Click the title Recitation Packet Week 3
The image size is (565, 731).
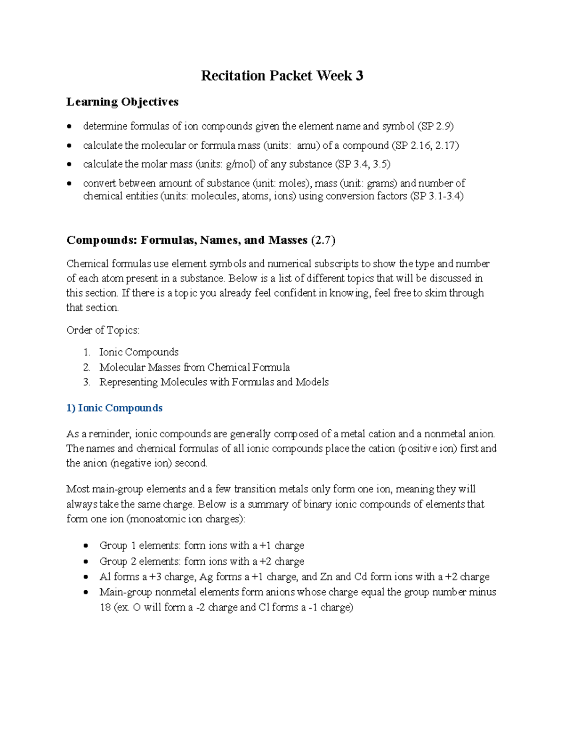pos(282,76)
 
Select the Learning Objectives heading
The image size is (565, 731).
pos(122,102)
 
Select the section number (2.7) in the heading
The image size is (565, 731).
pos(323,241)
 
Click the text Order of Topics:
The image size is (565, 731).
pos(103,330)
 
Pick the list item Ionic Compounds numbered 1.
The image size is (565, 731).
pos(138,352)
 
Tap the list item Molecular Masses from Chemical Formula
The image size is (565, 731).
pos(194,367)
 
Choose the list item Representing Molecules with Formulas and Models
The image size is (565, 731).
pos(214,382)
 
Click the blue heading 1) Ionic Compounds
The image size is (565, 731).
pos(114,408)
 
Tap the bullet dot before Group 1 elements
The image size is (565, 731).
pos(86,546)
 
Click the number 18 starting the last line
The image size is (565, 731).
pos(105,608)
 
